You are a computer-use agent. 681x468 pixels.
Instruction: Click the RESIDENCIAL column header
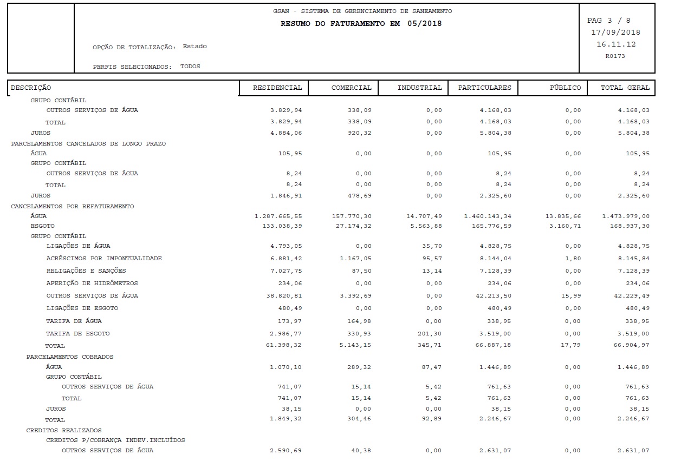click(x=277, y=88)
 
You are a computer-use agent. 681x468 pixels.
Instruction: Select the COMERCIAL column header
click(x=351, y=88)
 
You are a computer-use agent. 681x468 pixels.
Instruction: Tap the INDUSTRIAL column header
click(x=419, y=88)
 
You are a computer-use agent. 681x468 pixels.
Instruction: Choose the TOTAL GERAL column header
click(x=625, y=88)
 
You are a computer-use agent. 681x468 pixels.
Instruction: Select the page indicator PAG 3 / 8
click(x=608, y=21)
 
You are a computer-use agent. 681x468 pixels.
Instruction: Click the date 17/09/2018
click(x=615, y=32)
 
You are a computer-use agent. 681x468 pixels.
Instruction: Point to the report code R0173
click(x=615, y=56)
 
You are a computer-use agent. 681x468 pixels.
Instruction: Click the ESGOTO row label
click(x=42, y=226)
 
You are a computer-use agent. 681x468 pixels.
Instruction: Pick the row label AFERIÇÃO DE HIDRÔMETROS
click(x=92, y=284)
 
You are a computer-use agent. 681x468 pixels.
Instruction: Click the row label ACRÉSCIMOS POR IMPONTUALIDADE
click(x=104, y=259)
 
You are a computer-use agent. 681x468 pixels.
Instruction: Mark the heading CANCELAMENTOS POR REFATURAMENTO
click(x=73, y=207)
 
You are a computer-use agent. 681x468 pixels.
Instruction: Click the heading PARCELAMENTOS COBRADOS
click(x=70, y=357)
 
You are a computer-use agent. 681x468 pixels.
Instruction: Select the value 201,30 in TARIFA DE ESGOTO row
click(x=431, y=334)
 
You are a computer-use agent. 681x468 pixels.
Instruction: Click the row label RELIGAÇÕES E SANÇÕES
click(x=86, y=271)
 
